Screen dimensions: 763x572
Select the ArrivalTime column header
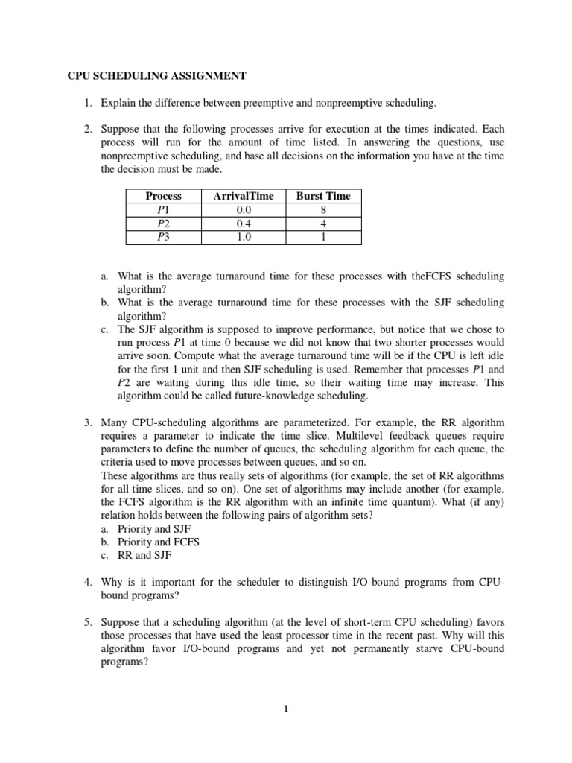coord(243,196)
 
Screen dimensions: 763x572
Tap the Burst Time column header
coord(323,196)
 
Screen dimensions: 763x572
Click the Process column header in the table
coord(163,196)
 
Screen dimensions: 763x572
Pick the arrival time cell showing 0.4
coord(243,223)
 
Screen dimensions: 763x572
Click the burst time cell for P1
coord(323,209)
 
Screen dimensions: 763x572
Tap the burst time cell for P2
coord(323,223)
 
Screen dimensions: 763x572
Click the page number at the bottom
coord(286,709)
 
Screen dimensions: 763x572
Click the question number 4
coord(86,582)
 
